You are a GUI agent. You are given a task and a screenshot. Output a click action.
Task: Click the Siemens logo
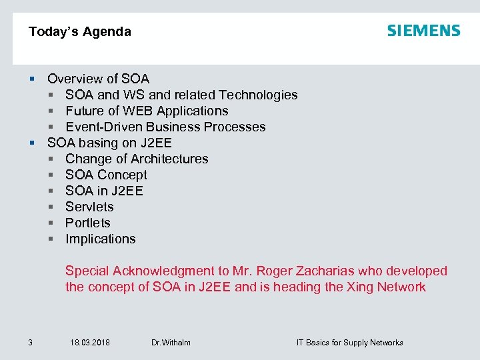[x=423, y=31]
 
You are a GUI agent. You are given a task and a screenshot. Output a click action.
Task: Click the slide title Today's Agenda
[x=80, y=31]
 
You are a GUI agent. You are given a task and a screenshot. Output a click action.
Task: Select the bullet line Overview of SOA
[x=98, y=79]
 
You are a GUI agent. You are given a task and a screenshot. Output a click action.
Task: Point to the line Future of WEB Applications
[x=147, y=111]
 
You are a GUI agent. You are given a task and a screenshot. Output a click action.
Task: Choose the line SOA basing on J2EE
[x=109, y=143]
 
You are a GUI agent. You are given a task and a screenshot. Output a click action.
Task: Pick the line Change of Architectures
[x=137, y=159]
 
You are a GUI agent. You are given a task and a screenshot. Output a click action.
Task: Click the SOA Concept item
[x=106, y=175]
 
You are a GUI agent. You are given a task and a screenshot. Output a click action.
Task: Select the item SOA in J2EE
[x=104, y=191]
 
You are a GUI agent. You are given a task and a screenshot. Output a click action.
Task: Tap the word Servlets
[x=89, y=207]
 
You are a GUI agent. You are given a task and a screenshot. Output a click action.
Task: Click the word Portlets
[x=88, y=223]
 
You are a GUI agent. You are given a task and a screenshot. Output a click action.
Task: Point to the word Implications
[x=100, y=239]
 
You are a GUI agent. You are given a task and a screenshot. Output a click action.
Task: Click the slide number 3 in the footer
[x=30, y=343]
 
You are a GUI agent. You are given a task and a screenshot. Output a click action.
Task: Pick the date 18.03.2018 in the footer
[x=90, y=343]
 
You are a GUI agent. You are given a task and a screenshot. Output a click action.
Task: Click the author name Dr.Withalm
[x=171, y=343]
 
